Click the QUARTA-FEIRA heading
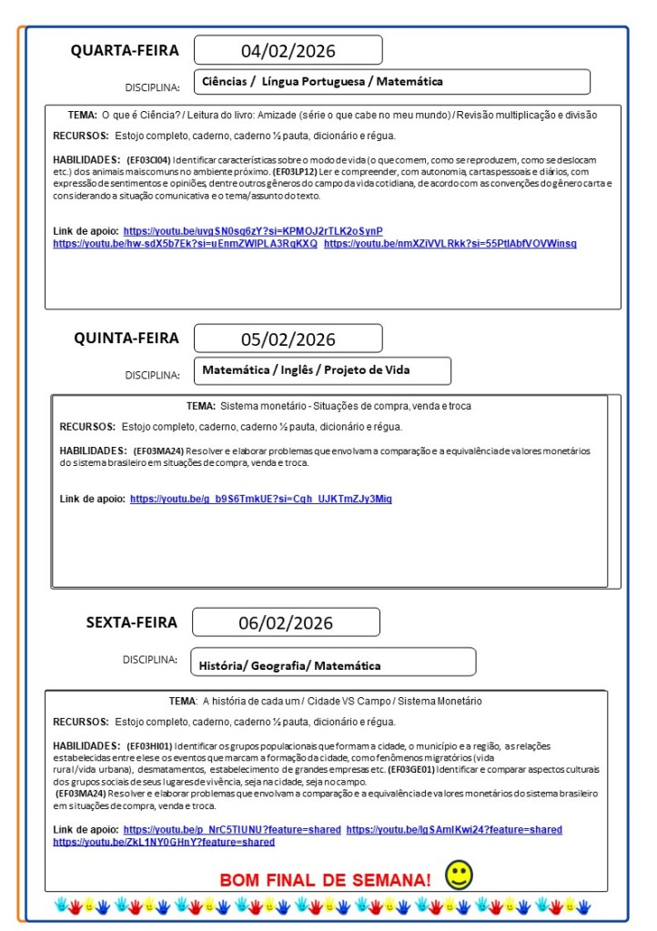tap(125, 50)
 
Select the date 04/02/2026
tap(288, 50)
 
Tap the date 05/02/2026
tap(288, 339)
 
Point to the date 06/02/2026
tap(286, 622)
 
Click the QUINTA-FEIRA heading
tap(126, 339)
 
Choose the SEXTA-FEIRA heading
tap(132, 622)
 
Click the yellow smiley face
tap(459, 875)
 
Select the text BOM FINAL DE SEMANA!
tap(325, 880)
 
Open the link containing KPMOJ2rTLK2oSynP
tap(253, 231)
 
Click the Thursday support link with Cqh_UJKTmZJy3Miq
tap(261, 499)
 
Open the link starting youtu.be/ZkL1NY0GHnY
tap(164, 842)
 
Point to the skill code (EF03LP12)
tap(298, 170)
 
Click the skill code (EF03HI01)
tap(149, 746)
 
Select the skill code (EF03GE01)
tap(410, 769)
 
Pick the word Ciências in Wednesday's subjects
tap(225, 82)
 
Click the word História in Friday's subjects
tap(222, 666)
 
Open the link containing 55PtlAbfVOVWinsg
tap(450, 244)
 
